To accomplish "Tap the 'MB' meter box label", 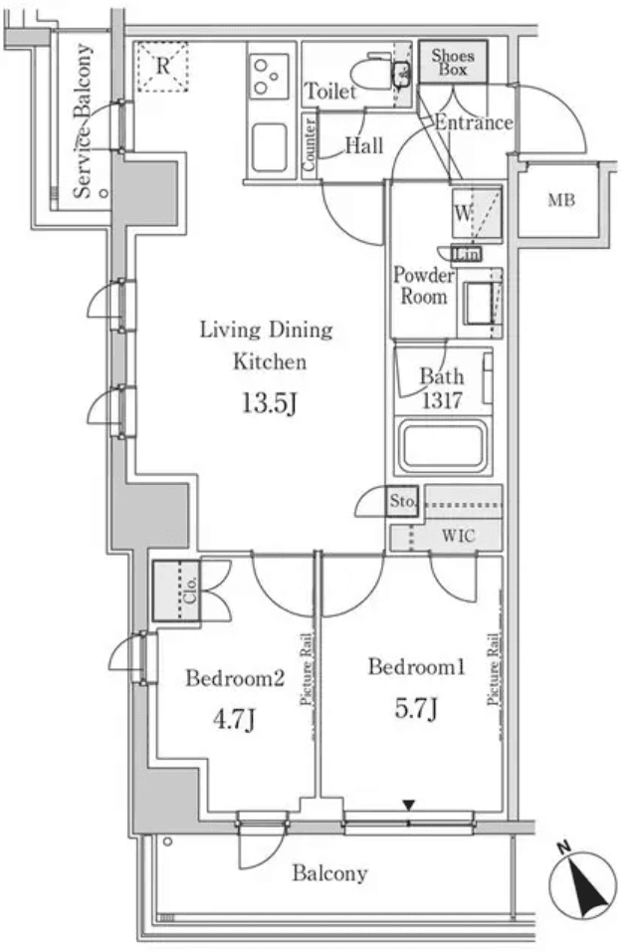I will (561, 201).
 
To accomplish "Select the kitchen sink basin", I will (270, 147).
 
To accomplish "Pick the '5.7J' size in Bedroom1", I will (416, 709).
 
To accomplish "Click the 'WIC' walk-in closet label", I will (458, 537).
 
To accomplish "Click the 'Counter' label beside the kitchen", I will (310, 146).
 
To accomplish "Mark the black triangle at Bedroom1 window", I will (408, 805).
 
